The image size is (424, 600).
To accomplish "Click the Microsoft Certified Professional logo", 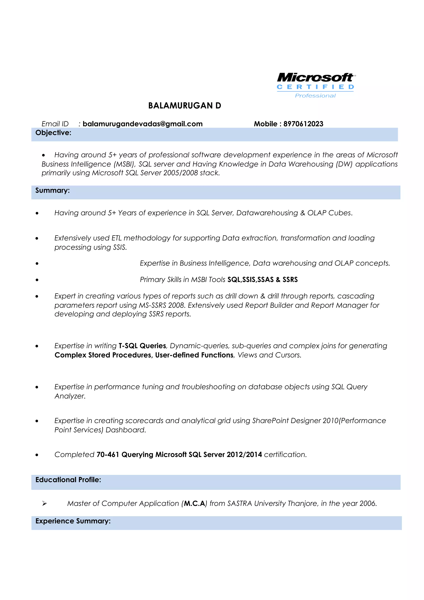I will [x=316, y=85].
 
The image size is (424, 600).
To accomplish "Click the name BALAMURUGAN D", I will [x=184, y=106].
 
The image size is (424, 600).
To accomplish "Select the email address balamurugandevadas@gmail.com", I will [x=143, y=124].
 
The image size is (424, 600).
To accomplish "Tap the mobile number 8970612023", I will [x=303, y=124].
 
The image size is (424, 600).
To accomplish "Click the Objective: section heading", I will [x=53, y=133].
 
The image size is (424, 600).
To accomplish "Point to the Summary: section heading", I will [x=53, y=190].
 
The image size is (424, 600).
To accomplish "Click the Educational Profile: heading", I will [x=68, y=480].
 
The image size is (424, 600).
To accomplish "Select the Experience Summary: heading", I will [x=73, y=521].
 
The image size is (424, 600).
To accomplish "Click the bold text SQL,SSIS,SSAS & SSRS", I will [x=262, y=280].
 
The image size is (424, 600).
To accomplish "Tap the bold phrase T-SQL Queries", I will [x=142, y=346].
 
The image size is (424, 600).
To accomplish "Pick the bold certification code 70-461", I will [x=108, y=454].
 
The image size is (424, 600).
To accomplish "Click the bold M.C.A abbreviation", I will [x=194, y=503].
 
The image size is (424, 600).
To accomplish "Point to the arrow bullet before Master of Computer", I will [x=45, y=503].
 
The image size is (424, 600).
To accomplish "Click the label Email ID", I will [x=55, y=124].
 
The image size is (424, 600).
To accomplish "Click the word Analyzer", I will [x=70, y=396].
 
